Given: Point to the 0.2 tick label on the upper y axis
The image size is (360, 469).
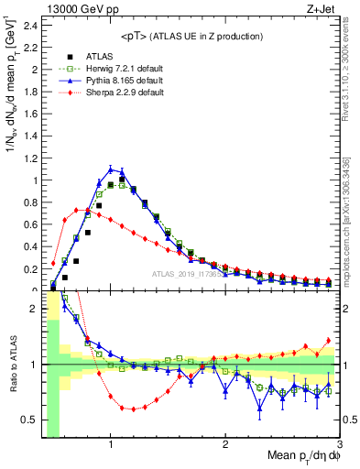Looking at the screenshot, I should coord(30,268).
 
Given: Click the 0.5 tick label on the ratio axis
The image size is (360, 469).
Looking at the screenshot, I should coord(30,420).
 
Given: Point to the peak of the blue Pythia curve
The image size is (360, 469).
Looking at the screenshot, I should coord(111,169).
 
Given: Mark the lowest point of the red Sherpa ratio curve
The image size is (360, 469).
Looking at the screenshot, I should coord(134,409).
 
